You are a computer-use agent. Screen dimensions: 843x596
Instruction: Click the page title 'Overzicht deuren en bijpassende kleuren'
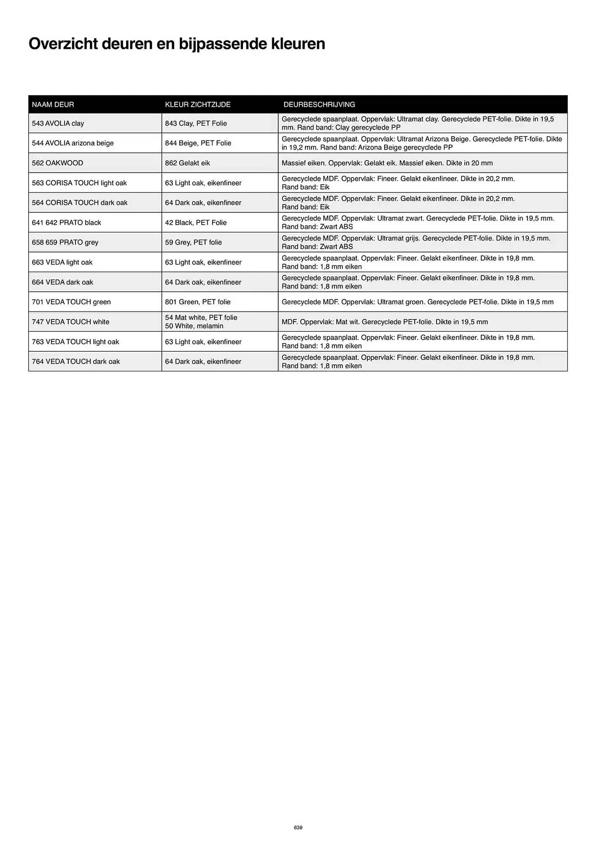pos(177,44)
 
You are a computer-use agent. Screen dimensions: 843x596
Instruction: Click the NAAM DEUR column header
pos(53,105)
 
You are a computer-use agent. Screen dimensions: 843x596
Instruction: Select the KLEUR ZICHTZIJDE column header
pos(197,105)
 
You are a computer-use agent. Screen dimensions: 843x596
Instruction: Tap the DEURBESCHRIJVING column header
pos(319,105)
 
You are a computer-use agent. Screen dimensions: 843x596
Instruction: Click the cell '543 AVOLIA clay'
pos(58,123)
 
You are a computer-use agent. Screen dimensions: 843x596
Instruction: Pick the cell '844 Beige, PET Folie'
pos(198,143)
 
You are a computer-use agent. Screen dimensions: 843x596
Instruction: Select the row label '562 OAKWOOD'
pos(57,163)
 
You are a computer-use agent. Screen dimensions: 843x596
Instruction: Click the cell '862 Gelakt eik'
pos(187,163)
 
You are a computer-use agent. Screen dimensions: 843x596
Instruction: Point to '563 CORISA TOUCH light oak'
pos(79,183)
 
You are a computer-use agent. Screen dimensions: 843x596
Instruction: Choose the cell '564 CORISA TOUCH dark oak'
pos(80,203)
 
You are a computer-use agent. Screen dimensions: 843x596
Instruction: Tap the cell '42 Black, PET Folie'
pos(196,223)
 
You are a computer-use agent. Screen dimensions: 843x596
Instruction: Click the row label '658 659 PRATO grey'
pos(65,242)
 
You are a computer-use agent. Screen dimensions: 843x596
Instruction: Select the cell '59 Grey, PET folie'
pos(193,242)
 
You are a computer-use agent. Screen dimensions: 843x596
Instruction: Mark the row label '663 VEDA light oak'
pos(62,262)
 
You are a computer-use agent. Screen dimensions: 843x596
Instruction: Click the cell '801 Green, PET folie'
pos(197,302)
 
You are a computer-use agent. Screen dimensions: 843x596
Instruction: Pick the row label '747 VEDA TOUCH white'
pos(70,322)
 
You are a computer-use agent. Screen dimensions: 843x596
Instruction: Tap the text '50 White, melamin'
pos(194,326)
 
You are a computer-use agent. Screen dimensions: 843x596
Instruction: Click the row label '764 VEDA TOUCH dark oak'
pos(76,362)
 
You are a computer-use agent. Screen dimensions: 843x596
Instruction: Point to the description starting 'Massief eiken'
pos(387,163)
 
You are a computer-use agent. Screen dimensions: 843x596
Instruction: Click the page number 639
pos(298,827)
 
